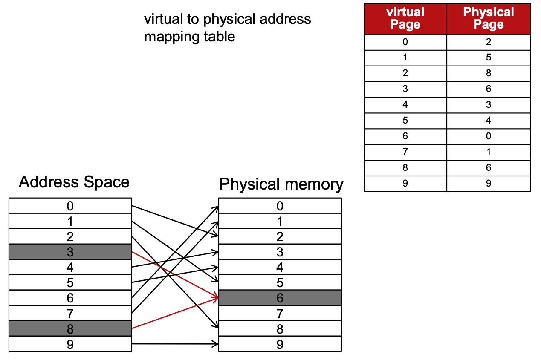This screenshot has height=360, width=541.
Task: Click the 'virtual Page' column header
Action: click(x=405, y=18)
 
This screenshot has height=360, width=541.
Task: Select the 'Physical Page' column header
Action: click(x=489, y=18)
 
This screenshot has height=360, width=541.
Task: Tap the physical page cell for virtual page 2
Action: click(x=489, y=73)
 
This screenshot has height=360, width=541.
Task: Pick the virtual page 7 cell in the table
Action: click(x=405, y=152)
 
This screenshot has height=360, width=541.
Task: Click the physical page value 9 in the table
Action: click(x=489, y=184)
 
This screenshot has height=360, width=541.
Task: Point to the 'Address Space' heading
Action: click(x=74, y=182)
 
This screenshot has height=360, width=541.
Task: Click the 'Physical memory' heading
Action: click(x=281, y=184)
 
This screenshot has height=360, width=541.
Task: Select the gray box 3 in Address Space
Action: click(x=70, y=252)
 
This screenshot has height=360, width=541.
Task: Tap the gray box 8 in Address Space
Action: click(x=70, y=328)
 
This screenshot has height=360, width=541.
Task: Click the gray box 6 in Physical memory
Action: click(x=280, y=298)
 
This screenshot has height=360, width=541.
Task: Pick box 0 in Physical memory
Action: click(x=280, y=206)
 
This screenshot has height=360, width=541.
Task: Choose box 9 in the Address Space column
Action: click(x=70, y=344)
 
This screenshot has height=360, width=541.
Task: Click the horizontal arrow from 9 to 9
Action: click(x=175, y=343)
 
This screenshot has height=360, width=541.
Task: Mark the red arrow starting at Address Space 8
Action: click(x=175, y=314)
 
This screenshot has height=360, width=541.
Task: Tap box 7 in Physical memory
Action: click(x=280, y=313)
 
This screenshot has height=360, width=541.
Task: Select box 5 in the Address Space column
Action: click(x=70, y=282)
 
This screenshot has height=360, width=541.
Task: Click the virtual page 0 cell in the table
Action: click(x=405, y=42)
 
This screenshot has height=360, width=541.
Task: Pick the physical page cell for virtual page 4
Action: click(x=489, y=105)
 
